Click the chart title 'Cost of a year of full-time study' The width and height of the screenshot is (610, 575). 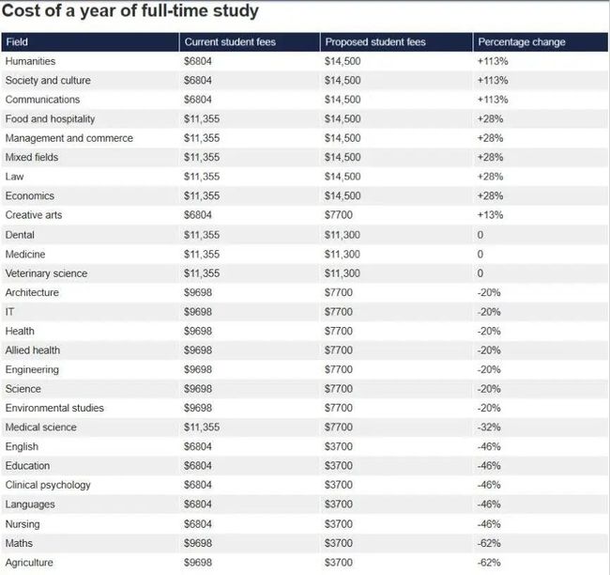click(130, 11)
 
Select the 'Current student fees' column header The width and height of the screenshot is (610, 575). click(230, 42)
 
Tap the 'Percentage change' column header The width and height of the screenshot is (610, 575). click(521, 42)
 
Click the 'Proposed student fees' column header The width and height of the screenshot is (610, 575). click(375, 42)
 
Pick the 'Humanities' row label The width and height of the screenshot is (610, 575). click(30, 61)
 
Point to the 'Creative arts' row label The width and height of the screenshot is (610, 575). click(34, 215)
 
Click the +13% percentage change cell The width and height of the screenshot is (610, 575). click(490, 215)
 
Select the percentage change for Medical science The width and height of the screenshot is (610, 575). click(489, 427)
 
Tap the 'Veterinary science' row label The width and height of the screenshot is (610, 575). click(46, 273)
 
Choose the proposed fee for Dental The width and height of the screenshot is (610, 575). click(343, 235)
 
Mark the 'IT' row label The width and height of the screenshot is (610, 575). click(9, 312)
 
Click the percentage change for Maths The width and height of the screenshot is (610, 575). click(489, 543)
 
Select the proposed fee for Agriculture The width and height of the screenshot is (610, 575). click(339, 563)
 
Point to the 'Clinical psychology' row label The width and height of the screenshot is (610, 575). click(48, 486)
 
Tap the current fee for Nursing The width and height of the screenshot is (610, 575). click(198, 524)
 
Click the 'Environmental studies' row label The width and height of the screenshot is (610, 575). click(54, 408)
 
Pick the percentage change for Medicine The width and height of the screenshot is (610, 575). click(480, 255)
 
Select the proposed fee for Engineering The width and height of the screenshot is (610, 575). click(339, 369)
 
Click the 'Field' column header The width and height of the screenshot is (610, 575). click(17, 42)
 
